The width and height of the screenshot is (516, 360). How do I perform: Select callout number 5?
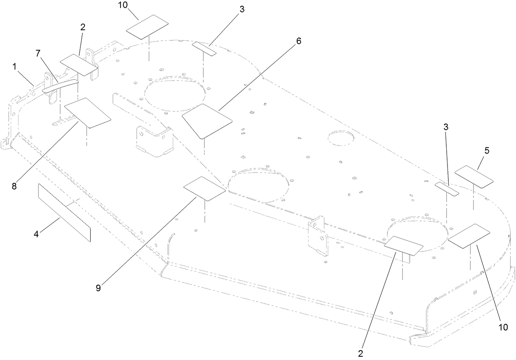(x=486, y=151)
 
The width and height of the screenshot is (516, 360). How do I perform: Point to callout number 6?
(x=299, y=41)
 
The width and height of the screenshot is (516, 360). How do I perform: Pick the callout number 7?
(x=38, y=53)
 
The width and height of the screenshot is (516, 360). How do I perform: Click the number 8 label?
(x=14, y=186)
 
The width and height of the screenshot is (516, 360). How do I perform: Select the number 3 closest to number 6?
(x=242, y=9)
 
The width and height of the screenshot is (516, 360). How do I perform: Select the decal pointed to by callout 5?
(x=474, y=177)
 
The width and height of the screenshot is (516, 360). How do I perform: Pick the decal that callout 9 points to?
(x=204, y=188)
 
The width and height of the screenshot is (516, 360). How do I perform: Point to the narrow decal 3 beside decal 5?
(x=447, y=189)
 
